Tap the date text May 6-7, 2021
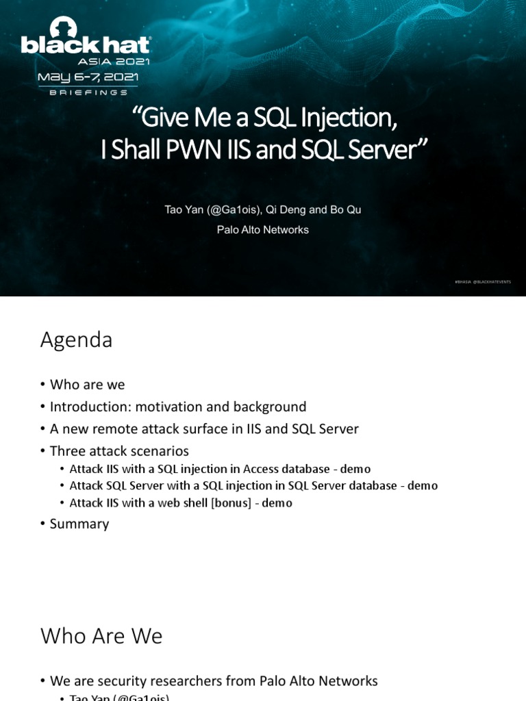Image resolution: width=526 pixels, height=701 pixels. (88, 77)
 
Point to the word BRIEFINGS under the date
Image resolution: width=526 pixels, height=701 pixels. (88, 92)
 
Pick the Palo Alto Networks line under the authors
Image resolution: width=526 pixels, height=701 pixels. (262, 230)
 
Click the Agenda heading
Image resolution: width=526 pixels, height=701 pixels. (76, 340)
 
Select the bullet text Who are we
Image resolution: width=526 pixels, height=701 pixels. (87, 385)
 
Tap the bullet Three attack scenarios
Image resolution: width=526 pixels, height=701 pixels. (119, 451)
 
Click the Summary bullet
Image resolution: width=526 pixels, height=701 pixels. (79, 524)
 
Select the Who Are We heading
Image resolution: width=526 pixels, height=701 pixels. (101, 636)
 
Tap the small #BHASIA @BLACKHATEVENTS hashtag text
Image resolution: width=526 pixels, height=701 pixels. (483, 281)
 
